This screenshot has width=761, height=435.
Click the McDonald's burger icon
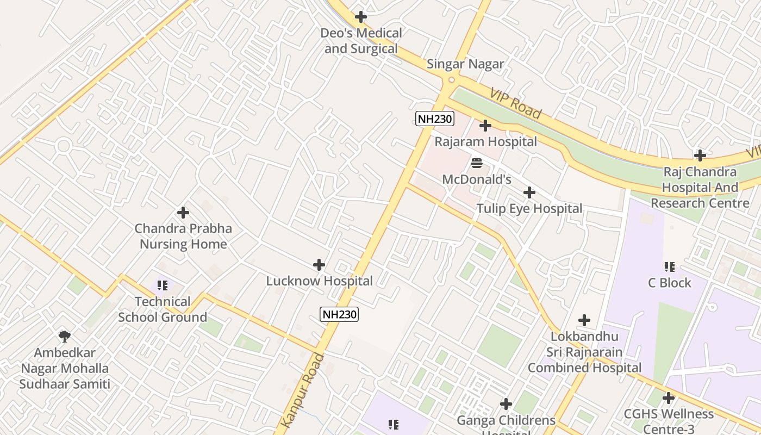pos(477,163)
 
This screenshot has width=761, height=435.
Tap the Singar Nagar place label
pos(465,64)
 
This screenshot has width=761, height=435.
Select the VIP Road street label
pos(515,103)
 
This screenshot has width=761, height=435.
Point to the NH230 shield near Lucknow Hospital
pos(339,314)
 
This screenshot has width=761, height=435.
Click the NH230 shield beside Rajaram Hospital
pos(434,119)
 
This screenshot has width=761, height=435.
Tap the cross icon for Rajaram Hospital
pos(485,126)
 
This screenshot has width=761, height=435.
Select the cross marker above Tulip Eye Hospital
pos(529,192)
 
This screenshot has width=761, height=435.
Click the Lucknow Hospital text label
pos(319,281)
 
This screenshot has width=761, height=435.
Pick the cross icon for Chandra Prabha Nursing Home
pos(183,213)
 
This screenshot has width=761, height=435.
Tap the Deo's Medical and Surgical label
pos(361,41)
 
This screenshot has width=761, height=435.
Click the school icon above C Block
pos(669,267)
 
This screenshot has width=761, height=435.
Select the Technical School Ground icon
pos(162,285)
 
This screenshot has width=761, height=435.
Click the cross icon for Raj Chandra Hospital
pos(700,156)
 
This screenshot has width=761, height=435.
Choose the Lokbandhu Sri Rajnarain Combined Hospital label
pos(584,352)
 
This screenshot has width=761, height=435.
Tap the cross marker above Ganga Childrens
pos(506,404)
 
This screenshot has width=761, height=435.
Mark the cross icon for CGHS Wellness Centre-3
pos(669,398)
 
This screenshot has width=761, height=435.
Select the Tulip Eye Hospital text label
pos(529,209)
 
